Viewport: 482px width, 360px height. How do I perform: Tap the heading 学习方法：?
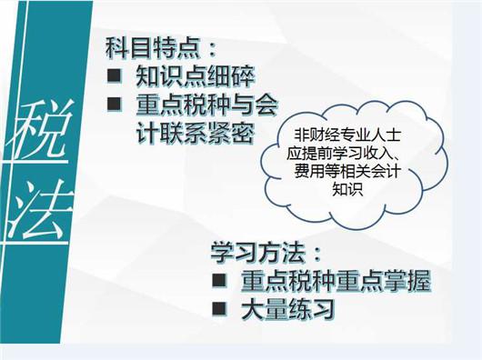tap(264, 249)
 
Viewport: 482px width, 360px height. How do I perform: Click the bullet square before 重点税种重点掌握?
tap(218, 279)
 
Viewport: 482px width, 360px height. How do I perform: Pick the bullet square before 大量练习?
tap(218, 309)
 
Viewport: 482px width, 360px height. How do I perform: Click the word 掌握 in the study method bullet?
tap(407, 279)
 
